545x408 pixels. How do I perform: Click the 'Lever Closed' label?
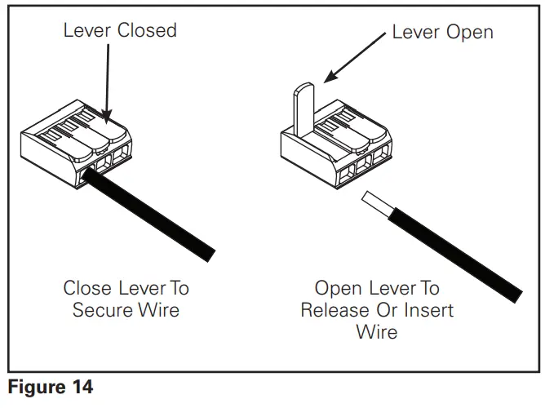point(120,30)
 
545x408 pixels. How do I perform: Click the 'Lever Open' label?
point(442,33)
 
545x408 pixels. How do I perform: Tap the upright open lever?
point(304,109)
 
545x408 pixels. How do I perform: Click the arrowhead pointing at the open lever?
point(330,76)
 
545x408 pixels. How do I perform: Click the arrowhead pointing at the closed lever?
point(107,117)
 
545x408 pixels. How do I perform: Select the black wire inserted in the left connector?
point(148,215)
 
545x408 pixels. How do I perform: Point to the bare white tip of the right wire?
point(378,204)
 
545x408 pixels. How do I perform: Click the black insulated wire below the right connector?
point(454,255)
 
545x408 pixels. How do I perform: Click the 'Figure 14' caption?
point(51,387)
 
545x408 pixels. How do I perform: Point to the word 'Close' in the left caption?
point(88,288)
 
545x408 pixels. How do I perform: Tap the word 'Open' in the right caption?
point(338,289)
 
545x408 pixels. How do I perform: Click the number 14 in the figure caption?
point(82,387)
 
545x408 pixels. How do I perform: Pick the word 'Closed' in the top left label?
point(147,30)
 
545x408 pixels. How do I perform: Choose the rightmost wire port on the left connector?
point(122,153)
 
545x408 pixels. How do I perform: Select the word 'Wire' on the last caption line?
point(377,332)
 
